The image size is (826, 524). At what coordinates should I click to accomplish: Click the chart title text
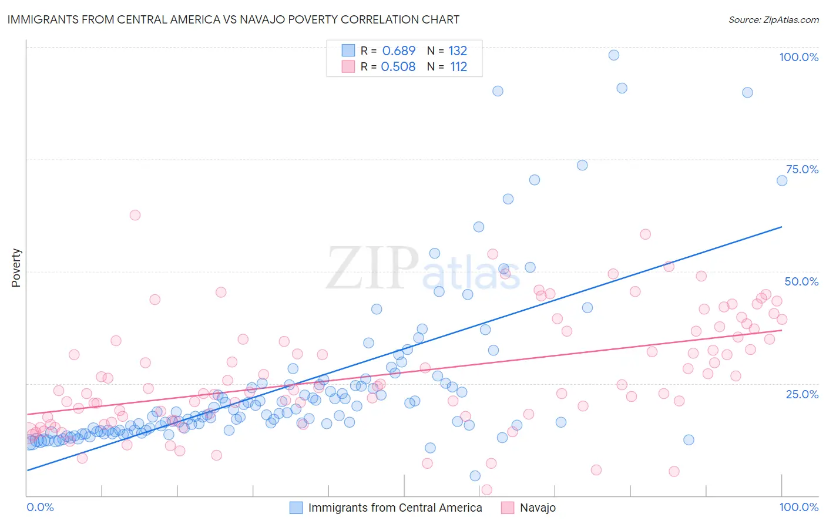pyautogui.click(x=233, y=19)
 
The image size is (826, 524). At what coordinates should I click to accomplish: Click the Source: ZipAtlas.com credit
pyautogui.click(x=773, y=19)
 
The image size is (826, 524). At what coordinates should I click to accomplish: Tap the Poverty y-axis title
pyautogui.click(x=16, y=268)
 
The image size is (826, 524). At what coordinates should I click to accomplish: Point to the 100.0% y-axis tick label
pyautogui.click(x=798, y=57)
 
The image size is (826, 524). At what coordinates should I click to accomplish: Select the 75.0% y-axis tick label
pyautogui.click(x=802, y=169)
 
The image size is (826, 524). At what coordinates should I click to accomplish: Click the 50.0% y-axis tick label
pyautogui.click(x=801, y=281)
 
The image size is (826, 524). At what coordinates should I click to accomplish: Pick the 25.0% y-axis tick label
pyautogui.click(x=802, y=394)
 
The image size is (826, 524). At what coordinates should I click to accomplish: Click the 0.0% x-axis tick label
pyautogui.click(x=40, y=507)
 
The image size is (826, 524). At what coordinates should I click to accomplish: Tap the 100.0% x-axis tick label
pyautogui.click(x=798, y=507)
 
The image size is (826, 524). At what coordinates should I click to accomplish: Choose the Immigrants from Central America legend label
pyautogui.click(x=395, y=508)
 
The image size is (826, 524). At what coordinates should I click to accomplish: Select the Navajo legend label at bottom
pyautogui.click(x=538, y=508)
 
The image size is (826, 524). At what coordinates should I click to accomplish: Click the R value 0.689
pyautogui.click(x=399, y=51)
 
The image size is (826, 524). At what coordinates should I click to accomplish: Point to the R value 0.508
pyautogui.click(x=398, y=67)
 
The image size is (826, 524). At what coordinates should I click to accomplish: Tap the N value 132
pyautogui.click(x=458, y=51)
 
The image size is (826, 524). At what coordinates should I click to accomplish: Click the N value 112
pyautogui.click(x=458, y=67)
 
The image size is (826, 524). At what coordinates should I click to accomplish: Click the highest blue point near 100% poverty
pyautogui.click(x=613, y=55)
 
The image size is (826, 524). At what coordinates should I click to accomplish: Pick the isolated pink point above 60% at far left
pyautogui.click(x=135, y=215)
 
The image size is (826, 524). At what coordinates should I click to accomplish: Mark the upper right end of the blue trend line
pyautogui.click(x=781, y=227)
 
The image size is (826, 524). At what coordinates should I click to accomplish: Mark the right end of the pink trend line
pyautogui.click(x=781, y=330)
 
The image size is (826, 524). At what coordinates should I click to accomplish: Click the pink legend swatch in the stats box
pyautogui.click(x=348, y=66)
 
